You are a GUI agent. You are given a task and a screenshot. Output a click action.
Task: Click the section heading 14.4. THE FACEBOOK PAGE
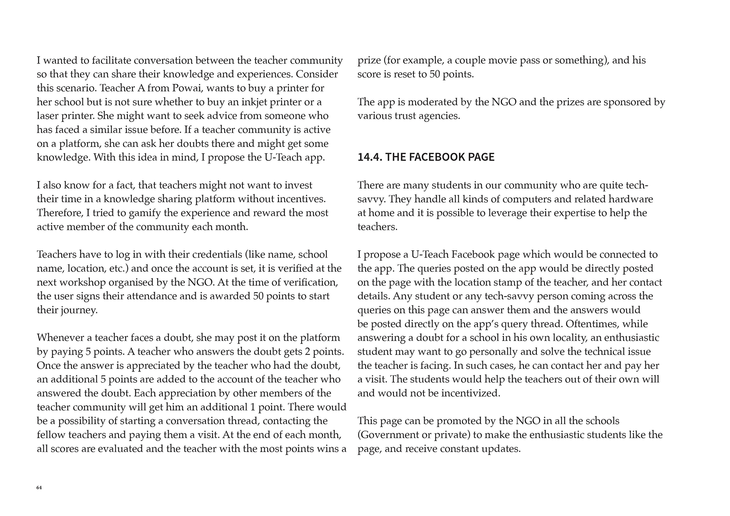tap(426, 157)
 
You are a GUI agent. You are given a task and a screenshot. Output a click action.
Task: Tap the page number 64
tap(39, 488)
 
